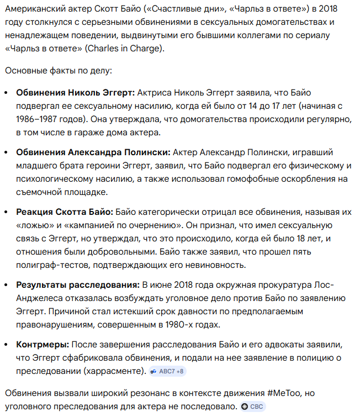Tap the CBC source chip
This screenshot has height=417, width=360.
(x=253, y=407)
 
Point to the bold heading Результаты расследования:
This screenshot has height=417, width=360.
(x=78, y=284)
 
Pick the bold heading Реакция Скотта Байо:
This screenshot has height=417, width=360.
(x=65, y=212)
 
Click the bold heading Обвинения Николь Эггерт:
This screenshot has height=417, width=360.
(x=75, y=92)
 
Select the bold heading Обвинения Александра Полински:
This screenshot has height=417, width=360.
(x=93, y=152)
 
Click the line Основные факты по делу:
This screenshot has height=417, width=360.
(x=58, y=71)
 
